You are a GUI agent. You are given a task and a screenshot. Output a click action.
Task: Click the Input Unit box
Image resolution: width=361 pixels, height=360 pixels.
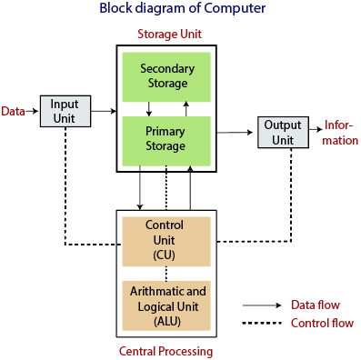(x=65, y=111)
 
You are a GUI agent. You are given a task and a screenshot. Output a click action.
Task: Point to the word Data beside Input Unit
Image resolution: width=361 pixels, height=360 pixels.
(x=13, y=111)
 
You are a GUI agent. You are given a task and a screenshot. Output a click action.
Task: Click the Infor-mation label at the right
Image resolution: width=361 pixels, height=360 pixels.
(x=341, y=133)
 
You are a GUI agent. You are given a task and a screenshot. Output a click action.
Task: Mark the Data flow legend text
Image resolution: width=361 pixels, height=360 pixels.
(x=315, y=305)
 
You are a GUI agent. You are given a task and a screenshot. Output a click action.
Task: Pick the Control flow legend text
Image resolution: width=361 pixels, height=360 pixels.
(x=321, y=323)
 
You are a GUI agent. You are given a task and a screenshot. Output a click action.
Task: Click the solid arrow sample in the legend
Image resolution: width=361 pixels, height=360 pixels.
(x=262, y=305)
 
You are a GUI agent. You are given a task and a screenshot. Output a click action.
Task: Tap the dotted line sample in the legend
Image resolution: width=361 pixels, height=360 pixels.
(x=262, y=324)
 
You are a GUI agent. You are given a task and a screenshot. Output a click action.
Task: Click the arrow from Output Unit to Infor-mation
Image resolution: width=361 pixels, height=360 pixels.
(x=313, y=130)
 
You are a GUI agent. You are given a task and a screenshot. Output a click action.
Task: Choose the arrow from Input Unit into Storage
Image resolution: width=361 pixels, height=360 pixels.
(x=104, y=111)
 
